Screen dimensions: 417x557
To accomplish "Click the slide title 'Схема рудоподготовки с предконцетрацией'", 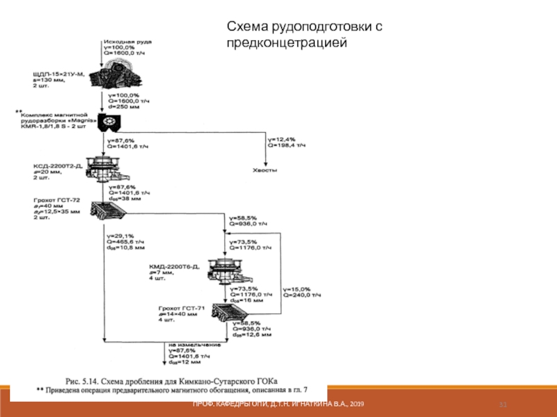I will [304, 34].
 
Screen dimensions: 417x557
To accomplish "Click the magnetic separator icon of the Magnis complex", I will [110, 123].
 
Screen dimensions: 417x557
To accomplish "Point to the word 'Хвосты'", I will [265, 170].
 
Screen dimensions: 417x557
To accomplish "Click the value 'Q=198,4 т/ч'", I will [285, 147].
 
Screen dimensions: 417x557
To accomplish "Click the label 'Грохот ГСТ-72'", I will [57, 200].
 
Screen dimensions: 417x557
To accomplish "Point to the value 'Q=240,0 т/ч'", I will [303, 294].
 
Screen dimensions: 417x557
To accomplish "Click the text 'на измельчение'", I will [194, 344].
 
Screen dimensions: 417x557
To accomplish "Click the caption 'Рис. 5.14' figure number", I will [87, 381].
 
